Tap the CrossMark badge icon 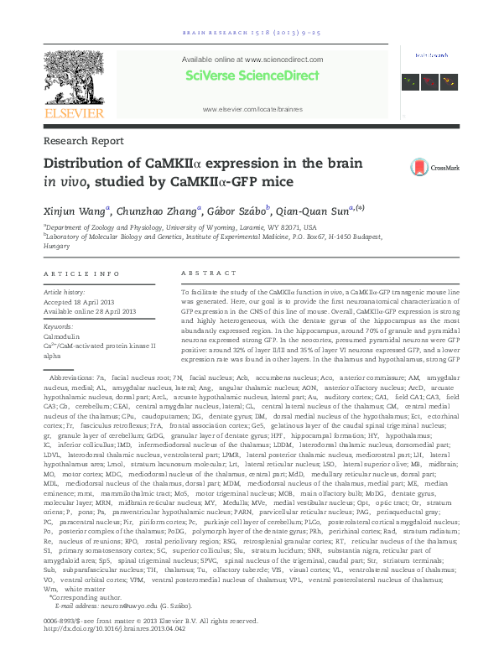(424, 167)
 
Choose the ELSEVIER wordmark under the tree (74, 113)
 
